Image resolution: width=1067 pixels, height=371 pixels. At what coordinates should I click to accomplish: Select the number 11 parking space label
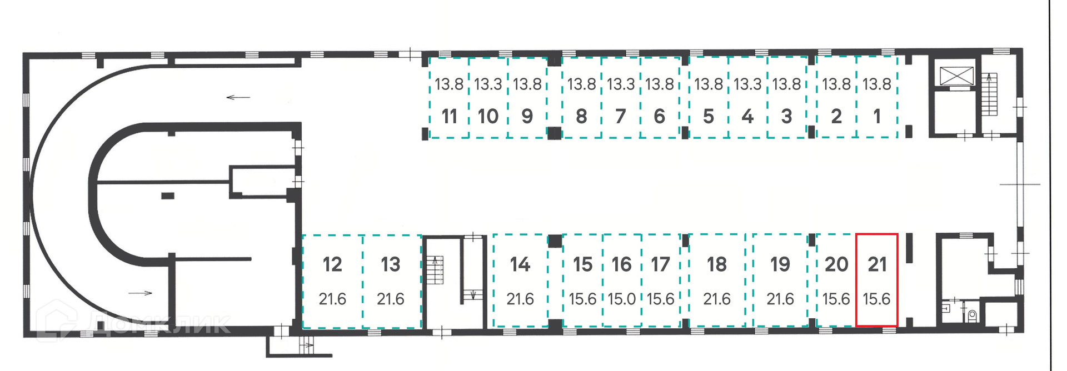pyautogui.click(x=449, y=117)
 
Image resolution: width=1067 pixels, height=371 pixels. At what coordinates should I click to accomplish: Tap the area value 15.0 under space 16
pyautogui.click(x=621, y=299)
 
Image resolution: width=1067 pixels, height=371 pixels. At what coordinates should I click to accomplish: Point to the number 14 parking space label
pyautogui.click(x=520, y=264)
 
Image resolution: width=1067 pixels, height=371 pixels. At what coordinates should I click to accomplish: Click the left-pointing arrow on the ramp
pyautogui.click(x=238, y=98)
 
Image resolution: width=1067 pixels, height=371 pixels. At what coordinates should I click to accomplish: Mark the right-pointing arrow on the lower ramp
pyautogui.click(x=141, y=293)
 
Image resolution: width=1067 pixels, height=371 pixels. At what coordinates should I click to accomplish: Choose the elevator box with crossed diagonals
pyautogui.click(x=956, y=76)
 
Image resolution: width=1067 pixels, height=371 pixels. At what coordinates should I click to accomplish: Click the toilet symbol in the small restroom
pyautogui.click(x=972, y=316)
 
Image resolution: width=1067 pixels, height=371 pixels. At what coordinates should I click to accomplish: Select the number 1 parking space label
pyautogui.click(x=877, y=117)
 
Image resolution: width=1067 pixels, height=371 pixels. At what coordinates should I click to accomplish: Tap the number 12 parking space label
pyautogui.click(x=332, y=264)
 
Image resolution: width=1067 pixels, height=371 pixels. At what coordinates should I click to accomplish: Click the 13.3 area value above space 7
pyautogui.click(x=621, y=84)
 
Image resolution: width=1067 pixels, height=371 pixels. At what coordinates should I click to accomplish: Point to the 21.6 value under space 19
pyautogui.click(x=780, y=299)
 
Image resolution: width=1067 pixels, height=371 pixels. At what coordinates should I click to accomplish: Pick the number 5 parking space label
pyautogui.click(x=709, y=117)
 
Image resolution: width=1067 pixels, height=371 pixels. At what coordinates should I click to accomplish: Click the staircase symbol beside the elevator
pyautogui.click(x=990, y=94)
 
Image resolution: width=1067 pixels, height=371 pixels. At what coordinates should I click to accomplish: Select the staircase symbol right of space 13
pyautogui.click(x=435, y=270)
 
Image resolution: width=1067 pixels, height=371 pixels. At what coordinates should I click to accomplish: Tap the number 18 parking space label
pyautogui.click(x=717, y=264)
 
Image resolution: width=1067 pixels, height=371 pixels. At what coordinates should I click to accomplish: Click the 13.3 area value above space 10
pyautogui.click(x=488, y=84)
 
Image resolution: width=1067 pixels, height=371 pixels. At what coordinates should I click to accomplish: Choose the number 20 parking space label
pyautogui.click(x=836, y=264)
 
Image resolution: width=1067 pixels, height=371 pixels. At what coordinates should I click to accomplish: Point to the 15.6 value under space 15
pyautogui.click(x=582, y=299)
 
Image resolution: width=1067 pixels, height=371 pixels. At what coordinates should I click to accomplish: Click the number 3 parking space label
pyautogui.click(x=786, y=117)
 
